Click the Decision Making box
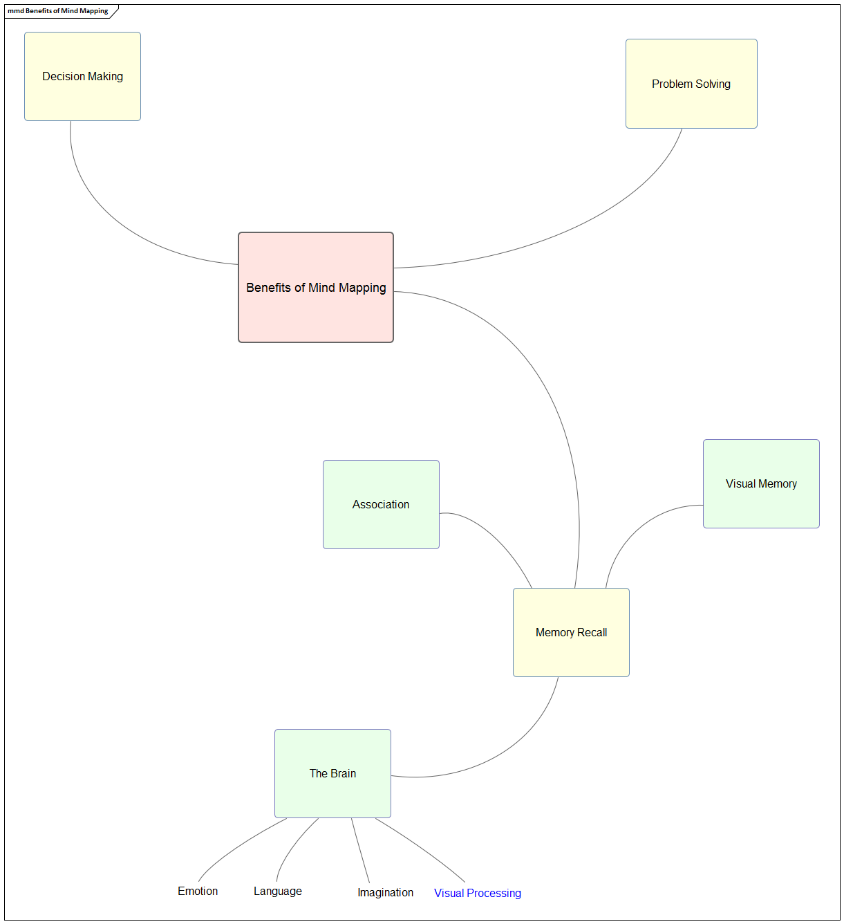82,77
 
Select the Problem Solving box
691,84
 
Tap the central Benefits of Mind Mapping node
316,288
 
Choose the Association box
381,505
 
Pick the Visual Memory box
761,484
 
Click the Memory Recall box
571,633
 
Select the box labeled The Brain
332,774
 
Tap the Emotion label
198,891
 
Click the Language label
278,891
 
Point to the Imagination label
385,893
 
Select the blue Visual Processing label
478,894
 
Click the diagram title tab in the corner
59,11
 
